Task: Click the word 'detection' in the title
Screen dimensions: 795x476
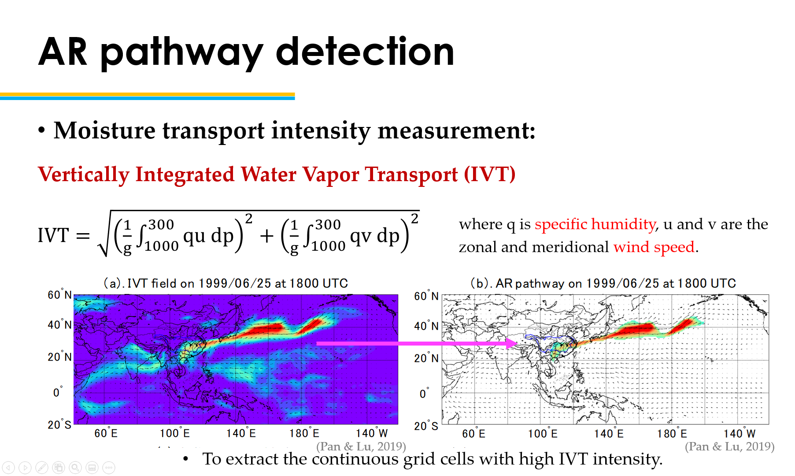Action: tap(365, 52)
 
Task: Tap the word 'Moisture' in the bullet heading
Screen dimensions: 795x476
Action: tap(104, 130)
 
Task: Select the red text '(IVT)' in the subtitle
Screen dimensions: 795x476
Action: tap(490, 175)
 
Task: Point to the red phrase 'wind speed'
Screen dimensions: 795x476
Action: tap(654, 247)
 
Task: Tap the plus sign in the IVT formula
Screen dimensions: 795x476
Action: tap(266, 236)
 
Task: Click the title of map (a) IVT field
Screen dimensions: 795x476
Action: tap(226, 283)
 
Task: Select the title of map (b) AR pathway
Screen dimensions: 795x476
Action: tap(603, 283)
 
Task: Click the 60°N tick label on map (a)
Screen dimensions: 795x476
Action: tap(59, 295)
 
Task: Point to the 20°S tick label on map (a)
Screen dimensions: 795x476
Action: tap(59, 425)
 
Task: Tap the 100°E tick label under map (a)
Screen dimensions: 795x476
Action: tap(175, 433)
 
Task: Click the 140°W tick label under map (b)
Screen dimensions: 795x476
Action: tap(740, 434)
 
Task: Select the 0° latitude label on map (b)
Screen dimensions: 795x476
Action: tap(424, 394)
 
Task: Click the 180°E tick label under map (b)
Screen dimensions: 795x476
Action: tap(672, 434)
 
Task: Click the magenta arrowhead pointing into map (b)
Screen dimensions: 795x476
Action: tap(512, 343)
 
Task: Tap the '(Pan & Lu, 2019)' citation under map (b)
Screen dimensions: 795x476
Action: tap(729, 446)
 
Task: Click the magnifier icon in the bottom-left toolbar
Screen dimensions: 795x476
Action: tap(75, 468)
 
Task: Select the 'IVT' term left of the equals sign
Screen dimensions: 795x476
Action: tap(53, 235)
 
